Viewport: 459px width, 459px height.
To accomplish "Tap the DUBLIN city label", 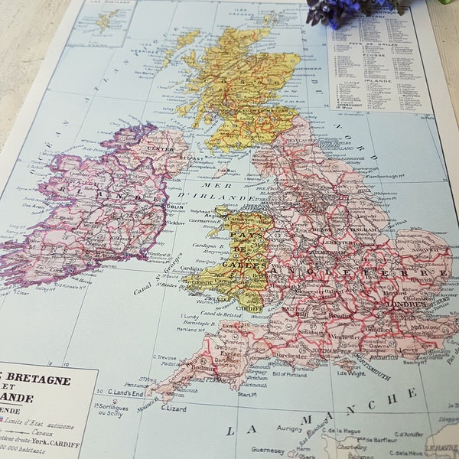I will point(172,206).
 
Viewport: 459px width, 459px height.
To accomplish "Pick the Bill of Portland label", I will point(289,373).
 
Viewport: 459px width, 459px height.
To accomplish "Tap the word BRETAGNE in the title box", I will point(43,380).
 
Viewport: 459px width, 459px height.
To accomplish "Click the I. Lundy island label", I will point(189,317).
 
